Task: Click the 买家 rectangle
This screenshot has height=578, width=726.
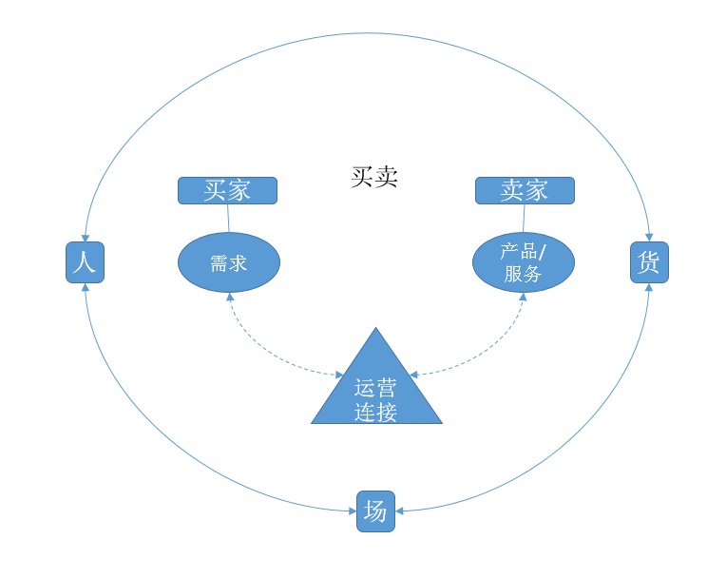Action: coord(227,190)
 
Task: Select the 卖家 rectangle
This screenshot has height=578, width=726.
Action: coord(525,190)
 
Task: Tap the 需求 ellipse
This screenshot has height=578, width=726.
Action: coord(228,262)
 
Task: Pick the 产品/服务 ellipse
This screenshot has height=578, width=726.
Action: coord(524,262)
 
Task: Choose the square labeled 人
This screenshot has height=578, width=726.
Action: coord(85,262)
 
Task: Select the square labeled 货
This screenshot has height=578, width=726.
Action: coord(649,262)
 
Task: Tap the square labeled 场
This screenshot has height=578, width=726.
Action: coord(375,511)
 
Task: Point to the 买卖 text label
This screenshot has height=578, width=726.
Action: coord(374,177)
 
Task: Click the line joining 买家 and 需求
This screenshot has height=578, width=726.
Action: coord(228,218)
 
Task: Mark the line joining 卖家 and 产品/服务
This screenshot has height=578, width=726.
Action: coord(524,218)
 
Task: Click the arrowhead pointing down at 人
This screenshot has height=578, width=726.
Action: coord(85,237)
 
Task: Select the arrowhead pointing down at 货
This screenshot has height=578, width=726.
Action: coord(649,237)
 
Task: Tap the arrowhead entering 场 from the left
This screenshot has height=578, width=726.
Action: coord(352,511)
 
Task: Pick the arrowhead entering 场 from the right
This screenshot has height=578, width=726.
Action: coord(399,511)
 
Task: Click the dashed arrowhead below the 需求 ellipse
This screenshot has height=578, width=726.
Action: coord(229,298)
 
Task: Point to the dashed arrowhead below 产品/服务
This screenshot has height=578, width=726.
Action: coord(523,298)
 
